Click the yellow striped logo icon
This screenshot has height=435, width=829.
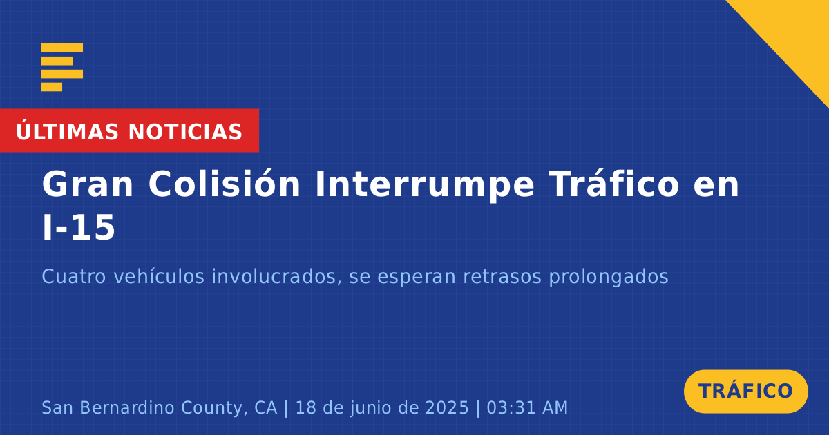coord(62,68)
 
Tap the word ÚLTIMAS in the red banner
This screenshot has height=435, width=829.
coord(67,131)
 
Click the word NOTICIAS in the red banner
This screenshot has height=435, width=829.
coord(185,132)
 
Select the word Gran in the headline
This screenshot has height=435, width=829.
coord(87,184)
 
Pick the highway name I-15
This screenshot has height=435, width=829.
coord(79,228)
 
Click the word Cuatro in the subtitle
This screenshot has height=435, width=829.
coord(74,277)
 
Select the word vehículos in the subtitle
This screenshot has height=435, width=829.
coord(159,276)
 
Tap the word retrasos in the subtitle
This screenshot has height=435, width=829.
coord(502,277)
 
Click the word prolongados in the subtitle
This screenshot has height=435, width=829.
coord(609,278)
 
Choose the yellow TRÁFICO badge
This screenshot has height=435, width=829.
coord(745,391)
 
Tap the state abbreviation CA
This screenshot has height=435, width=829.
coord(265,407)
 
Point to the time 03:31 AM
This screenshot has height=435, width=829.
coord(527,407)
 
